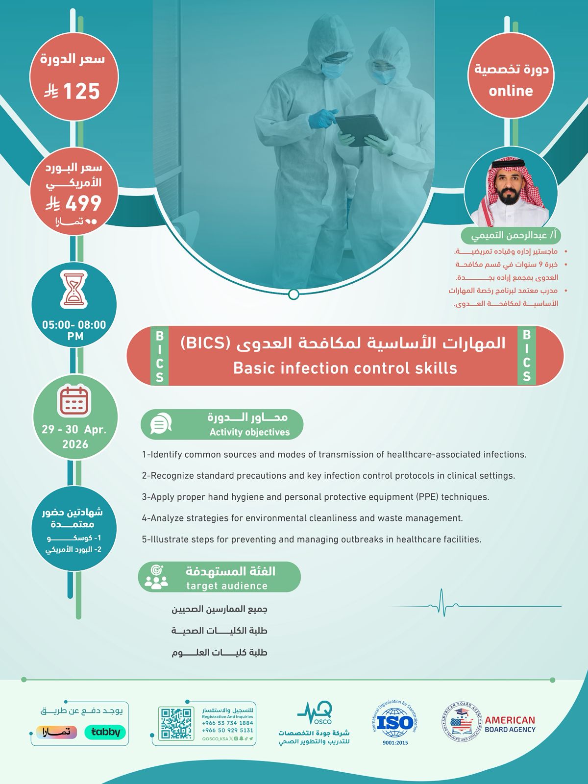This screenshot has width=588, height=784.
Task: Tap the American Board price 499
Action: click(x=83, y=203)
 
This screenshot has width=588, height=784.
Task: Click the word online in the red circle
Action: click(x=511, y=91)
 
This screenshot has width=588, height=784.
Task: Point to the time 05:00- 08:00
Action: click(x=74, y=325)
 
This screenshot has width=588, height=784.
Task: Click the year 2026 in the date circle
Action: click(x=75, y=444)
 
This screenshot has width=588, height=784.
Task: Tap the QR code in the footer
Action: click(x=176, y=723)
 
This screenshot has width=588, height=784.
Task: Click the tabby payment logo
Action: click(x=105, y=732)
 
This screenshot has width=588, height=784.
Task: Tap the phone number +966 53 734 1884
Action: click(x=227, y=723)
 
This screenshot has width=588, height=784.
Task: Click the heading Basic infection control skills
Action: click(x=345, y=368)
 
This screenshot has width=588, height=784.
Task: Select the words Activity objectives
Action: click(x=249, y=432)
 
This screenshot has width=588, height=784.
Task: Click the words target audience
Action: click(x=227, y=586)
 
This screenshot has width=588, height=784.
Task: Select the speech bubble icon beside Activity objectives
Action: click(x=161, y=424)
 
